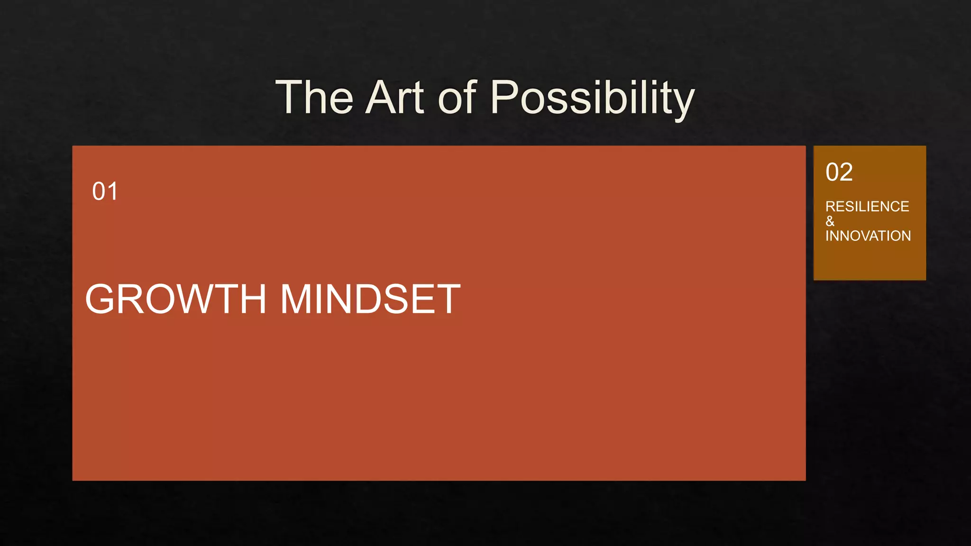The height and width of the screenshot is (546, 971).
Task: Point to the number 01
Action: pos(105,191)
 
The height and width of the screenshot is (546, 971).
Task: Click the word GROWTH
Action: pos(176,299)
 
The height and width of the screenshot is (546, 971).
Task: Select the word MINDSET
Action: pos(370,299)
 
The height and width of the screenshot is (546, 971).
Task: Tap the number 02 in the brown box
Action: pos(839,172)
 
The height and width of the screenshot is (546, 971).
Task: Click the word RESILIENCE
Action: pos(867,207)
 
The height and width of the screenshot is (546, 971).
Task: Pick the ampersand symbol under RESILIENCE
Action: pos(830,221)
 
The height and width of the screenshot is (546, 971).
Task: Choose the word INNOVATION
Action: pos(868,236)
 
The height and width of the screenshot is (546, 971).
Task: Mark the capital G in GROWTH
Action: pos(100,299)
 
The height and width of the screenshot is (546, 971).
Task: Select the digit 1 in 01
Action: pos(112,191)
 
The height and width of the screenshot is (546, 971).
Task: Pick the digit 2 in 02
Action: pos(846,172)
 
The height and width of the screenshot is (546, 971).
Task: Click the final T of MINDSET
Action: pos(448,299)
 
